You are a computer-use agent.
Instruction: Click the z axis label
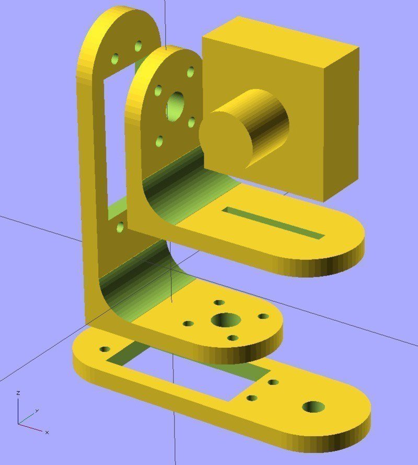(x=18, y=392)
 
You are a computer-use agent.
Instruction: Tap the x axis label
(x=47, y=432)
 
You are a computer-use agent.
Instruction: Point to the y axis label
(x=37, y=411)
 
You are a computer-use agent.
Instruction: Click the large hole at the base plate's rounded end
(x=313, y=406)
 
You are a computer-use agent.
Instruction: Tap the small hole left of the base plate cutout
(x=106, y=349)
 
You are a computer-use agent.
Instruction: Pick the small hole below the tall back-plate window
(x=121, y=226)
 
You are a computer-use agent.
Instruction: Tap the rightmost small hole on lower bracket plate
(x=263, y=317)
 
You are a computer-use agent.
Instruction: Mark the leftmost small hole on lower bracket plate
(x=188, y=324)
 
